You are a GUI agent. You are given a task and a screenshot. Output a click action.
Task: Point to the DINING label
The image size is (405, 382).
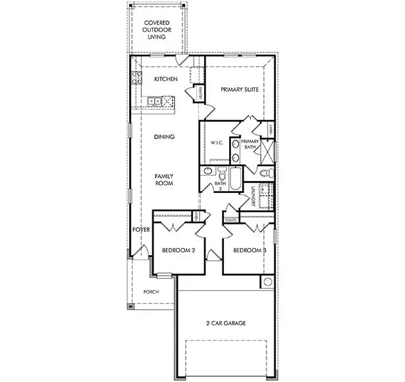[x=163, y=137]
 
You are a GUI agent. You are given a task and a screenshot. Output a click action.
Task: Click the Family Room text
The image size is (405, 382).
[x=163, y=180]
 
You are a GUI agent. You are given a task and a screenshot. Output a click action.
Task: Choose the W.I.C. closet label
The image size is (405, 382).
[x=217, y=143]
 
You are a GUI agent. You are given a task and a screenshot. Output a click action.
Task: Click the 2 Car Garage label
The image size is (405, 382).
[x=226, y=323]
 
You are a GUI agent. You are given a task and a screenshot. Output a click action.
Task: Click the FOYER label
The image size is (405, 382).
[x=141, y=230]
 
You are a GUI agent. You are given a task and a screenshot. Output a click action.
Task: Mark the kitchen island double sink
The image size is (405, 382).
[x=155, y=101]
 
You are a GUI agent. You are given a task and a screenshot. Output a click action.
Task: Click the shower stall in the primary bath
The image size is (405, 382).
[x=268, y=151]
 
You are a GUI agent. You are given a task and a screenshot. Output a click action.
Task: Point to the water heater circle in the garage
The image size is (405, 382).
[x=267, y=282]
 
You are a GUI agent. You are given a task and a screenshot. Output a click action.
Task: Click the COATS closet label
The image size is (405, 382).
[x=231, y=221]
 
